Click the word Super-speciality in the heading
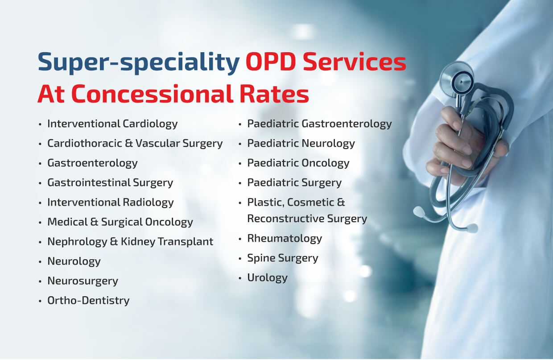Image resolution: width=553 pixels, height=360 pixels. (139, 63)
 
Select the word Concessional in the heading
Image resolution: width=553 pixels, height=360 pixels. (153, 94)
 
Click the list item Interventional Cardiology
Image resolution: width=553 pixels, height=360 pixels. (112, 124)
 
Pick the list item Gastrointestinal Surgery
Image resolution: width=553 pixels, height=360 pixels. (110, 183)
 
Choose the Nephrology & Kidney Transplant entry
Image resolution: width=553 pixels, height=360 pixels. (130, 242)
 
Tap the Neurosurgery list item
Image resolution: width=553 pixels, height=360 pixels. (83, 281)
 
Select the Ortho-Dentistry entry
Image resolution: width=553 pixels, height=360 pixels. (88, 301)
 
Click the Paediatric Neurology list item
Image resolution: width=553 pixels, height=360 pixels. (301, 144)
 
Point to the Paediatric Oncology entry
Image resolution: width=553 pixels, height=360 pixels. (298, 163)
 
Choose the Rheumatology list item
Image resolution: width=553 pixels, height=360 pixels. (285, 239)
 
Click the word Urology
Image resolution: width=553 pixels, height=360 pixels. (268, 278)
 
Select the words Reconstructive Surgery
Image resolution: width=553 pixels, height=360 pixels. (307, 219)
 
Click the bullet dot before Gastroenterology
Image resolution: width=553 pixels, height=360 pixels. (40, 163)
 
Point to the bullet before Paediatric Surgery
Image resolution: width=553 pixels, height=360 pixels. (240, 183)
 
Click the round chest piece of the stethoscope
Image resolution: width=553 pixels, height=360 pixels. (457, 79)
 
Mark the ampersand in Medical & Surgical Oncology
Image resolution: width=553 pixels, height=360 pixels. (94, 222)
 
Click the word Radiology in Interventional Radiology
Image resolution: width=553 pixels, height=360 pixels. (148, 203)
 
